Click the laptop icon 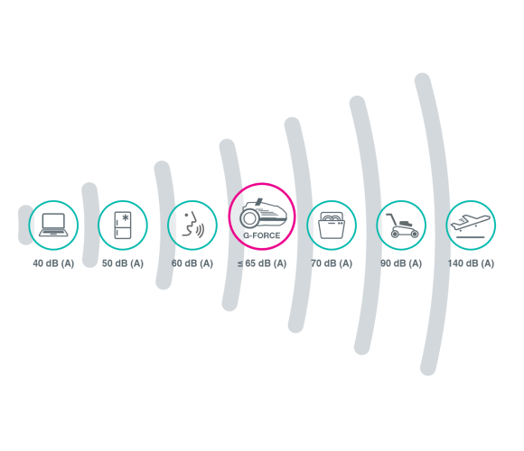(x=53, y=225)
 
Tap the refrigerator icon (x=123, y=225)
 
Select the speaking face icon (x=192, y=225)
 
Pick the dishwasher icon (x=332, y=225)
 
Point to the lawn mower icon (x=402, y=225)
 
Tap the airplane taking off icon (x=471, y=226)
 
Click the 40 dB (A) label (x=53, y=263)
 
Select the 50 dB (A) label (x=123, y=263)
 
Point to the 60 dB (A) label (x=192, y=263)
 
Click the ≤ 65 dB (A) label (x=262, y=263)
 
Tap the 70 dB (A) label (x=332, y=263)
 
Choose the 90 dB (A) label (x=401, y=263)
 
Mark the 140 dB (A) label (x=471, y=263)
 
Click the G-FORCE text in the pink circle (x=262, y=235)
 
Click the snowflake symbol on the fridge (x=126, y=217)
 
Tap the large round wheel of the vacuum (x=248, y=218)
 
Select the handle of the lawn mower (x=390, y=219)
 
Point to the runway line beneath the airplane (x=471, y=237)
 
